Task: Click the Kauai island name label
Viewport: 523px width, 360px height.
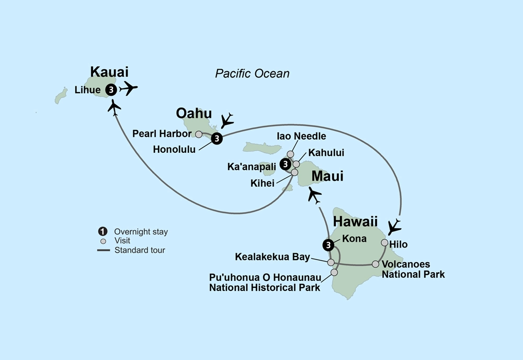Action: (x=109, y=72)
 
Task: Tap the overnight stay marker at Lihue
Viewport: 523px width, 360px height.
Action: (x=111, y=90)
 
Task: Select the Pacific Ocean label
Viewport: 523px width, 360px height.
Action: (x=252, y=74)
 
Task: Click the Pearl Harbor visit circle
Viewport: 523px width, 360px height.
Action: (x=199, y=134)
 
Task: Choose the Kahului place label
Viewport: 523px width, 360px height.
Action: (x=323, y=153)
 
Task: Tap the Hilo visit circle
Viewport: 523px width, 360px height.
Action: (x=384, y=243)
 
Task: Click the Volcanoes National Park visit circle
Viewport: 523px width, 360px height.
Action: (x=376, y=264)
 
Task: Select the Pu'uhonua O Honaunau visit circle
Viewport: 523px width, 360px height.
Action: (x=334, y=272)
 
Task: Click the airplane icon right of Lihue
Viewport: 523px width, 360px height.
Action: (x=129, y=89)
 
